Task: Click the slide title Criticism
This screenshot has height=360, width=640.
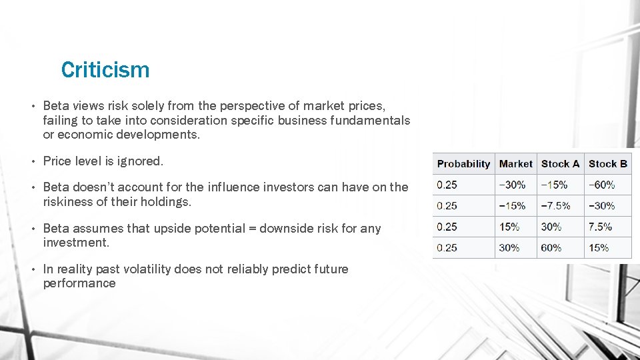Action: point(105,70)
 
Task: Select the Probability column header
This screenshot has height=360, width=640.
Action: point(463,164)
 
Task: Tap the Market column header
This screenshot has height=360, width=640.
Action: point(515,164)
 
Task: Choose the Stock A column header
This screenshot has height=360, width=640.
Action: point(560,164)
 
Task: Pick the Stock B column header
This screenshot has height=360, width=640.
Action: point(607,164)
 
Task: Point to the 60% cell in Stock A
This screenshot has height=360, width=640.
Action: point(551,247)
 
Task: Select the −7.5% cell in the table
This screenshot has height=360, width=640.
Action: point(556,205)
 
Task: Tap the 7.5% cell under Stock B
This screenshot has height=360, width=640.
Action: point(600,227)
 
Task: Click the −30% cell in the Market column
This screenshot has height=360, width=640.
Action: point(512,185)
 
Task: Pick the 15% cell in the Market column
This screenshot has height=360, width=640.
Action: point(509,227)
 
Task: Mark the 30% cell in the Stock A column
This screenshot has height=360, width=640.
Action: point(551,227)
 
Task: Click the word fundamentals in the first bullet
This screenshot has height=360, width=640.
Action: point(371,120)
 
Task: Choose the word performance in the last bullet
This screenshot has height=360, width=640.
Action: point(79,283)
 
